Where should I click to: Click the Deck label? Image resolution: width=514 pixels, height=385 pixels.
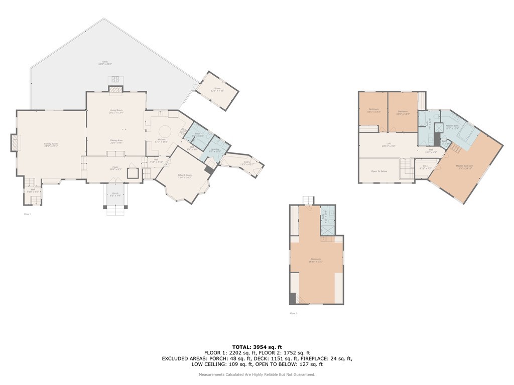(105, 63)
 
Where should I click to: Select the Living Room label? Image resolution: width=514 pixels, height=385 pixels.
(116, 111)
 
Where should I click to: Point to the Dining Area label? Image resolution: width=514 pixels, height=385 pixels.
(116, 141)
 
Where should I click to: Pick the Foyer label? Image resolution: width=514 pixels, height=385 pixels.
(115, 168)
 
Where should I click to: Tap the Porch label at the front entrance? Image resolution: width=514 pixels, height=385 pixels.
(115, 194)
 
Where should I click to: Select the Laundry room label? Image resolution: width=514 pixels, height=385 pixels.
(215, 149)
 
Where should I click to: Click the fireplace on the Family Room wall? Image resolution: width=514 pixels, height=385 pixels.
(14, 142)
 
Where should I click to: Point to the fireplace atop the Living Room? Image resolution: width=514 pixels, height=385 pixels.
(116, 90)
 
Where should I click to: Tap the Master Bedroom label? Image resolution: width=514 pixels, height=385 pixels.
(464, 167)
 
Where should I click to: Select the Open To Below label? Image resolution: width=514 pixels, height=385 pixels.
(379, 171)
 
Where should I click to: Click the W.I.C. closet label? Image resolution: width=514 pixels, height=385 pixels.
(425, 167)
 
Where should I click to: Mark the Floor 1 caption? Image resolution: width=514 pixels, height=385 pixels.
(28, 214)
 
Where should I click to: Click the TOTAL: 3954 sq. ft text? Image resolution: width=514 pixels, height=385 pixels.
(257, 347)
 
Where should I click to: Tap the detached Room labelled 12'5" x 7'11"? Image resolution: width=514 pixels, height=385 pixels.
(217, 90)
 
